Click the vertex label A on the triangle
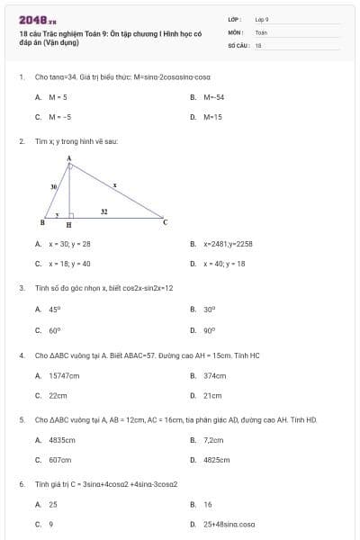(x=68, y=158)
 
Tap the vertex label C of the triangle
(x=165, y=221)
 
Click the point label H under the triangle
(x=69, y=225)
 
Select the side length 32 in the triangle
(x=104, y=211)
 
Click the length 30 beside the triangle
(x=54, y=186)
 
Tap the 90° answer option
(x=209, y=330)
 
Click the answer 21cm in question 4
(x=212, y=395)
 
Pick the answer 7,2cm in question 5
(x=213, y=440)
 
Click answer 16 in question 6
(x=208, y=504)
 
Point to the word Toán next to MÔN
(x=261, y=31)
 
